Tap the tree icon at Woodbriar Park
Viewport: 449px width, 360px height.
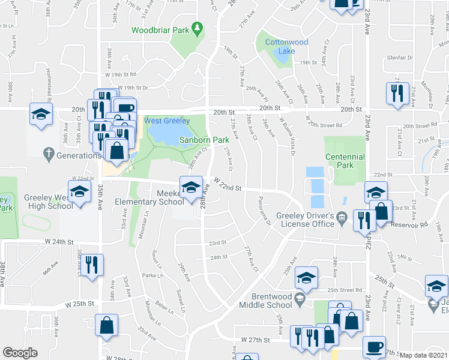tap(196, 28)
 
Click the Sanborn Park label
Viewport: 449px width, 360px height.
tap(205, 140)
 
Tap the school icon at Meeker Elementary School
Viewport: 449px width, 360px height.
tap(190, 188)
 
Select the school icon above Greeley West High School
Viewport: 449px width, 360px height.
tap(79, 193)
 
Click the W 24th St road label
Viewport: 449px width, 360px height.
tap(59, 242)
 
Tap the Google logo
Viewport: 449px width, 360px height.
tap(20, 352)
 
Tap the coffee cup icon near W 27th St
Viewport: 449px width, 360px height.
tap(375, 346)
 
